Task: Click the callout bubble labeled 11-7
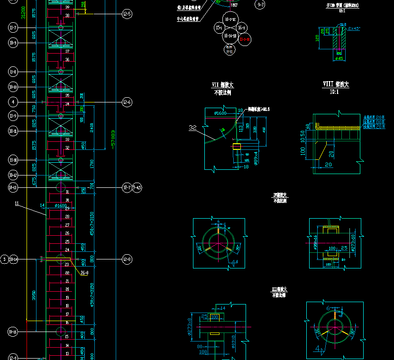(13, 28)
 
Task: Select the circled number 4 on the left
(13, 102)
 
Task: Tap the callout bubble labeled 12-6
(127, 102)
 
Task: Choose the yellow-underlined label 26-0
(85, 273)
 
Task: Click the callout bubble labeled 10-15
(13, 332)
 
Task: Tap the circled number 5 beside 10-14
(4, 259)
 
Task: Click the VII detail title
(222, 85)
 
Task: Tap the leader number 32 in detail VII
(192, 127)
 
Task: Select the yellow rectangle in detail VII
(237, 146)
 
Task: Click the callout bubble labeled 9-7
(261, 5)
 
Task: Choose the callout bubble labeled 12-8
(127, 259)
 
